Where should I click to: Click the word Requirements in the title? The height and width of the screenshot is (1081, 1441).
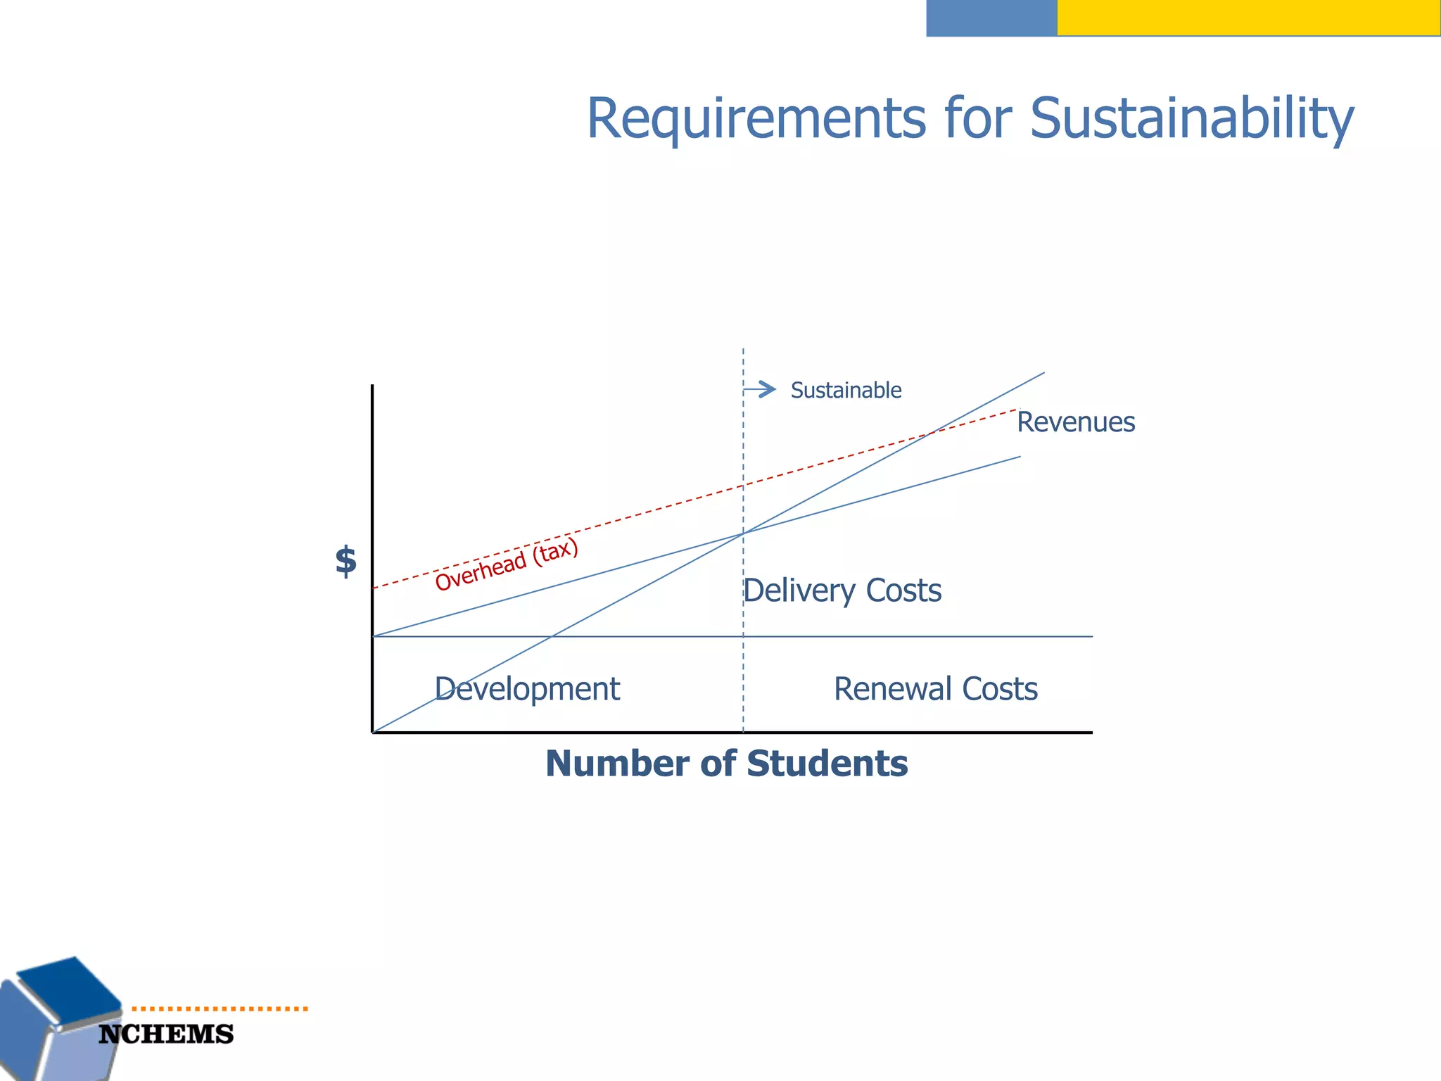(x=756, y=118)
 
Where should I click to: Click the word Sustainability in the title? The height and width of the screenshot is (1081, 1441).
(x=1191, y=118)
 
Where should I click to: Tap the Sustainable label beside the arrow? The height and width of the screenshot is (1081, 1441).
(x=846, y=390)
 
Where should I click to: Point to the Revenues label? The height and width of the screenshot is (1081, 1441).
(x=1075, y=422)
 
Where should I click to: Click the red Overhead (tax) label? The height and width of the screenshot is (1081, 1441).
(x=506, y=564)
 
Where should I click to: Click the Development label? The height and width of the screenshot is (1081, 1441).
(x=527, y=689)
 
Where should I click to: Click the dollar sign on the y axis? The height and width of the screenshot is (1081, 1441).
(x=345, y=562)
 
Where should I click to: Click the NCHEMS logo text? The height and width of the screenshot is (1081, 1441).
(x=166, y=1035)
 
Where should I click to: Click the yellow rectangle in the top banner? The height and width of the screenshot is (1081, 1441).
(x=1248, y=18)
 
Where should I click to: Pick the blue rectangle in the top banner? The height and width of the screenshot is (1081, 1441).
(x=991, y=18)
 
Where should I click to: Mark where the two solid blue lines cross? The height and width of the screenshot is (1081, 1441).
(x=743, y=533)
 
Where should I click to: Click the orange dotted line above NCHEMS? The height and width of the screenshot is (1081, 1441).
(x=220, y=1009)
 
